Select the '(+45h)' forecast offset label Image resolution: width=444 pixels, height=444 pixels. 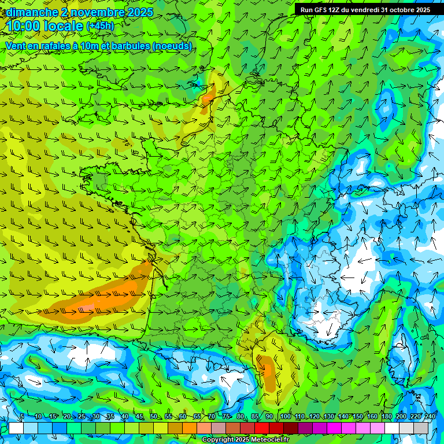[100, 26]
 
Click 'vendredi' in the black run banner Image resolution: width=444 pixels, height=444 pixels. [360, 10]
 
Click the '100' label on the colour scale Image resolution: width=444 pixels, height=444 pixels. [286, 416]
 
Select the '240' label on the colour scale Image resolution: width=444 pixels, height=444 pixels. [430, 416]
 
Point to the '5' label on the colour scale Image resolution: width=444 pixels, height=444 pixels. [22, 416]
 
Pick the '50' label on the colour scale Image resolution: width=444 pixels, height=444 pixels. [154, 416]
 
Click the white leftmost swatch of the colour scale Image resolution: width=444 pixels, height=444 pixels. [16, 428]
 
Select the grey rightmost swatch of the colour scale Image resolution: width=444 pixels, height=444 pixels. [421, 428]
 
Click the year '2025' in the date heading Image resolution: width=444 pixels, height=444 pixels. [140, 12]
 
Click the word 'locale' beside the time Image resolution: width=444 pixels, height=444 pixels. [65, 26]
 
